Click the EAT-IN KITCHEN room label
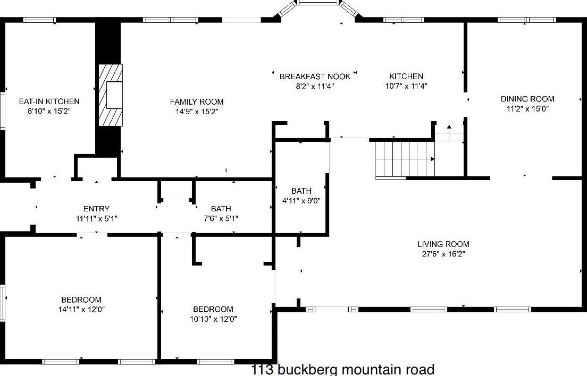click(49, 101)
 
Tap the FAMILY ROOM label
click(197, 102)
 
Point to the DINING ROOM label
click(527, 99)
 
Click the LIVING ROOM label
click(443, 244)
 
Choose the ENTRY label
click(96, 209)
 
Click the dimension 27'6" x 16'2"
click(443, 254)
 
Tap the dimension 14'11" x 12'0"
click(81, 309)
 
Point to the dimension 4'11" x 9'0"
click(301, 201)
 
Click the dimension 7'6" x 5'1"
click(221, 218)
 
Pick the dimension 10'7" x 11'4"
click(406, 86)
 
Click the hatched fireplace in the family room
click(111, 95)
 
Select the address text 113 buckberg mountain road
click(342, 369)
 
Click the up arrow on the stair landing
click(449, 127)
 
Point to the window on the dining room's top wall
click(527, 20)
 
